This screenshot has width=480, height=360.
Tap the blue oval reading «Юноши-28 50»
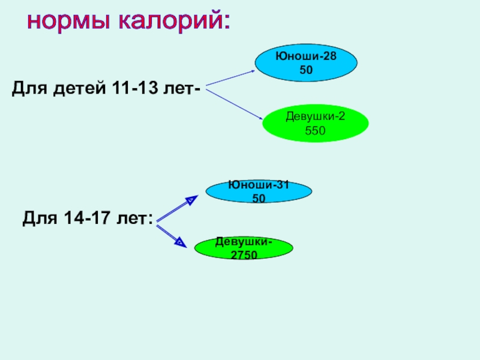pos(306,62)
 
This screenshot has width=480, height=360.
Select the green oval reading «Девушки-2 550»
pos(315,122)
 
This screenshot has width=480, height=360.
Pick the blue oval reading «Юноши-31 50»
pos(259,191)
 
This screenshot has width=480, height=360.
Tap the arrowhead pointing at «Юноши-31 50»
pos(190,200)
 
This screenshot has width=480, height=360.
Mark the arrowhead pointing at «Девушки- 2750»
pos(179,242)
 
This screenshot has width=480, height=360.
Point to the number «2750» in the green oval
pos(244,254)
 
